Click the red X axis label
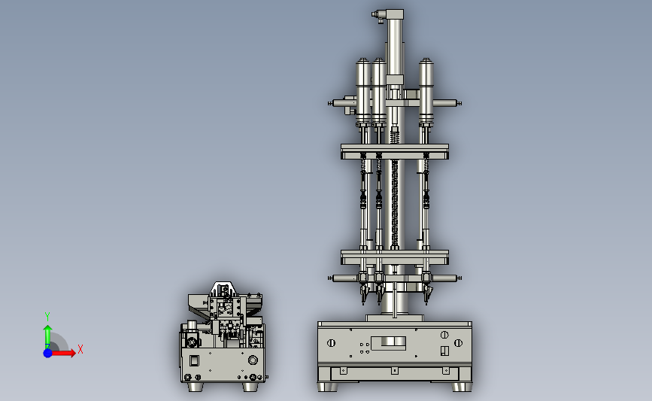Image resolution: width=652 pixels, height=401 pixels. pyautogui.click(x=80, y=349)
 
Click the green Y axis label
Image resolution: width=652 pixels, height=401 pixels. pyautogui.click(x=47, y=317)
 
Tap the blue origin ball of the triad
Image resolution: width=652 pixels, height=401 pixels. pyautogui.click(x=48, y=353)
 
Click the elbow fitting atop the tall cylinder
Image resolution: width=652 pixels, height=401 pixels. pyautogui.click(x=378, y=15)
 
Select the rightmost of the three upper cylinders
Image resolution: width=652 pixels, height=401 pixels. pyautogui.click(x=426, y=92)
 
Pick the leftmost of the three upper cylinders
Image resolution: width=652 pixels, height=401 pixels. pyautogui.click(x=363, y=92)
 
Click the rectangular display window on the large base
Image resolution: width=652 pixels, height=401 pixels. pyautogui.click(x=388, y=343)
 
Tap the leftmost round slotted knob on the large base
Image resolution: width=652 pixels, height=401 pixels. pyautogui.click(x=331, y=343)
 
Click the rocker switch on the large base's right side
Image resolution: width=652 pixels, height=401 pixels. pyautogui.click(x=444, y=351)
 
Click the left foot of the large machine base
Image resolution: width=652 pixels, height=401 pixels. pyautogui.click(x=327, y=387)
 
